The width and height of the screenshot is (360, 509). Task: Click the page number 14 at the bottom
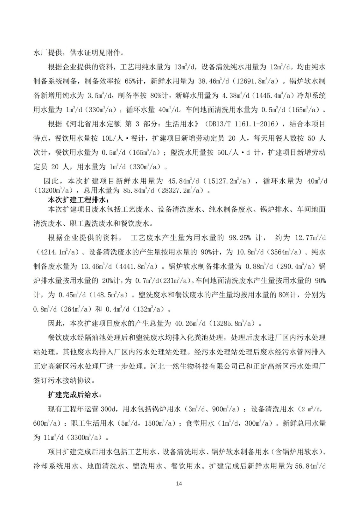point(179,484)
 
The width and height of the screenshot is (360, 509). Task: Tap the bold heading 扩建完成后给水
point(74,395)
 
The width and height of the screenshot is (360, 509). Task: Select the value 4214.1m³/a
point(58,252)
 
